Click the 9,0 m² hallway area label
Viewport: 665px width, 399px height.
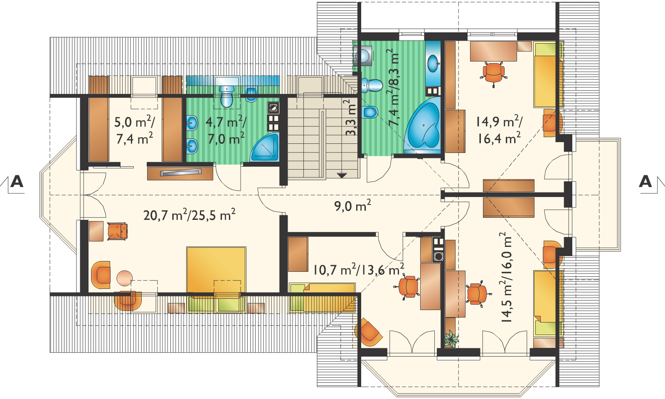(x=353, y=205)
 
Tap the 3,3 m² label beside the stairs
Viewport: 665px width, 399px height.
(x=351, y=118)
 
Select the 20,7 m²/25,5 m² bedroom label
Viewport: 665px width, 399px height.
(x=190, y=214)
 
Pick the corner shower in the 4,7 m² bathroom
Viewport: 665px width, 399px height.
(x=265, y=148)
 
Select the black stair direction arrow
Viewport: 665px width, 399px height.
(x=342, y=175)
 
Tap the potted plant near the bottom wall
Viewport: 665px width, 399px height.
(x=451, y=338)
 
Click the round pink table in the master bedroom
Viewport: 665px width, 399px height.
(x=124, y=278)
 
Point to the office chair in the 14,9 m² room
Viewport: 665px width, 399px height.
(x=493, y=72)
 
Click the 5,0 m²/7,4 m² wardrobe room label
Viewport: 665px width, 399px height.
(x=135, y=130)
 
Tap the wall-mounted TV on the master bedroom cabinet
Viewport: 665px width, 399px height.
(x=181, y=172)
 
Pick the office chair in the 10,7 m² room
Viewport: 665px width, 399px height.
(x=408, y=286)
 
